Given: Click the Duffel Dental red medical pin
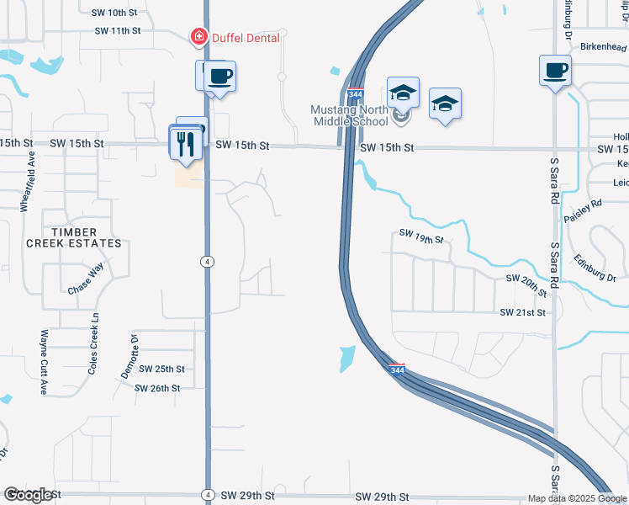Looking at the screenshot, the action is point(199,37).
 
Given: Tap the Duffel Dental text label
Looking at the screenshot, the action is point(245,38).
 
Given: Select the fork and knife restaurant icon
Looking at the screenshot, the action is point(183,143).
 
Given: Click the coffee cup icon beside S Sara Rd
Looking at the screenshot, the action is point(555,71).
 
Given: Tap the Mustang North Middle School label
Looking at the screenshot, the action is point(350,115).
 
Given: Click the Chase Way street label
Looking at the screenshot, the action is point(86,279).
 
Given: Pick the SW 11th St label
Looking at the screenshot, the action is point(117,30).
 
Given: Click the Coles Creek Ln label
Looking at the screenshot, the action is point(93,343).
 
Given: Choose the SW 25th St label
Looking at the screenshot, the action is point(161,369).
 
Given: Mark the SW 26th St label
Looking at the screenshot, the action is point(160,388).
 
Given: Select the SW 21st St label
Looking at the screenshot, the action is point(523,312).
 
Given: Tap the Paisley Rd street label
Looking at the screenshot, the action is point(584,210).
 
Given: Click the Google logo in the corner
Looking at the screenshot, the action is point(28,495).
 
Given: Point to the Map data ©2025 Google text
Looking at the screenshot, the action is point(577,498).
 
